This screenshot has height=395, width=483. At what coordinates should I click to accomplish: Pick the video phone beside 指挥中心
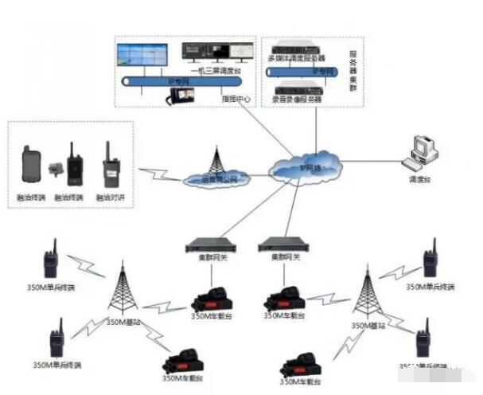pos(181,95)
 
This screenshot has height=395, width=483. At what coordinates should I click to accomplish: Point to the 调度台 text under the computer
pos(419,181)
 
